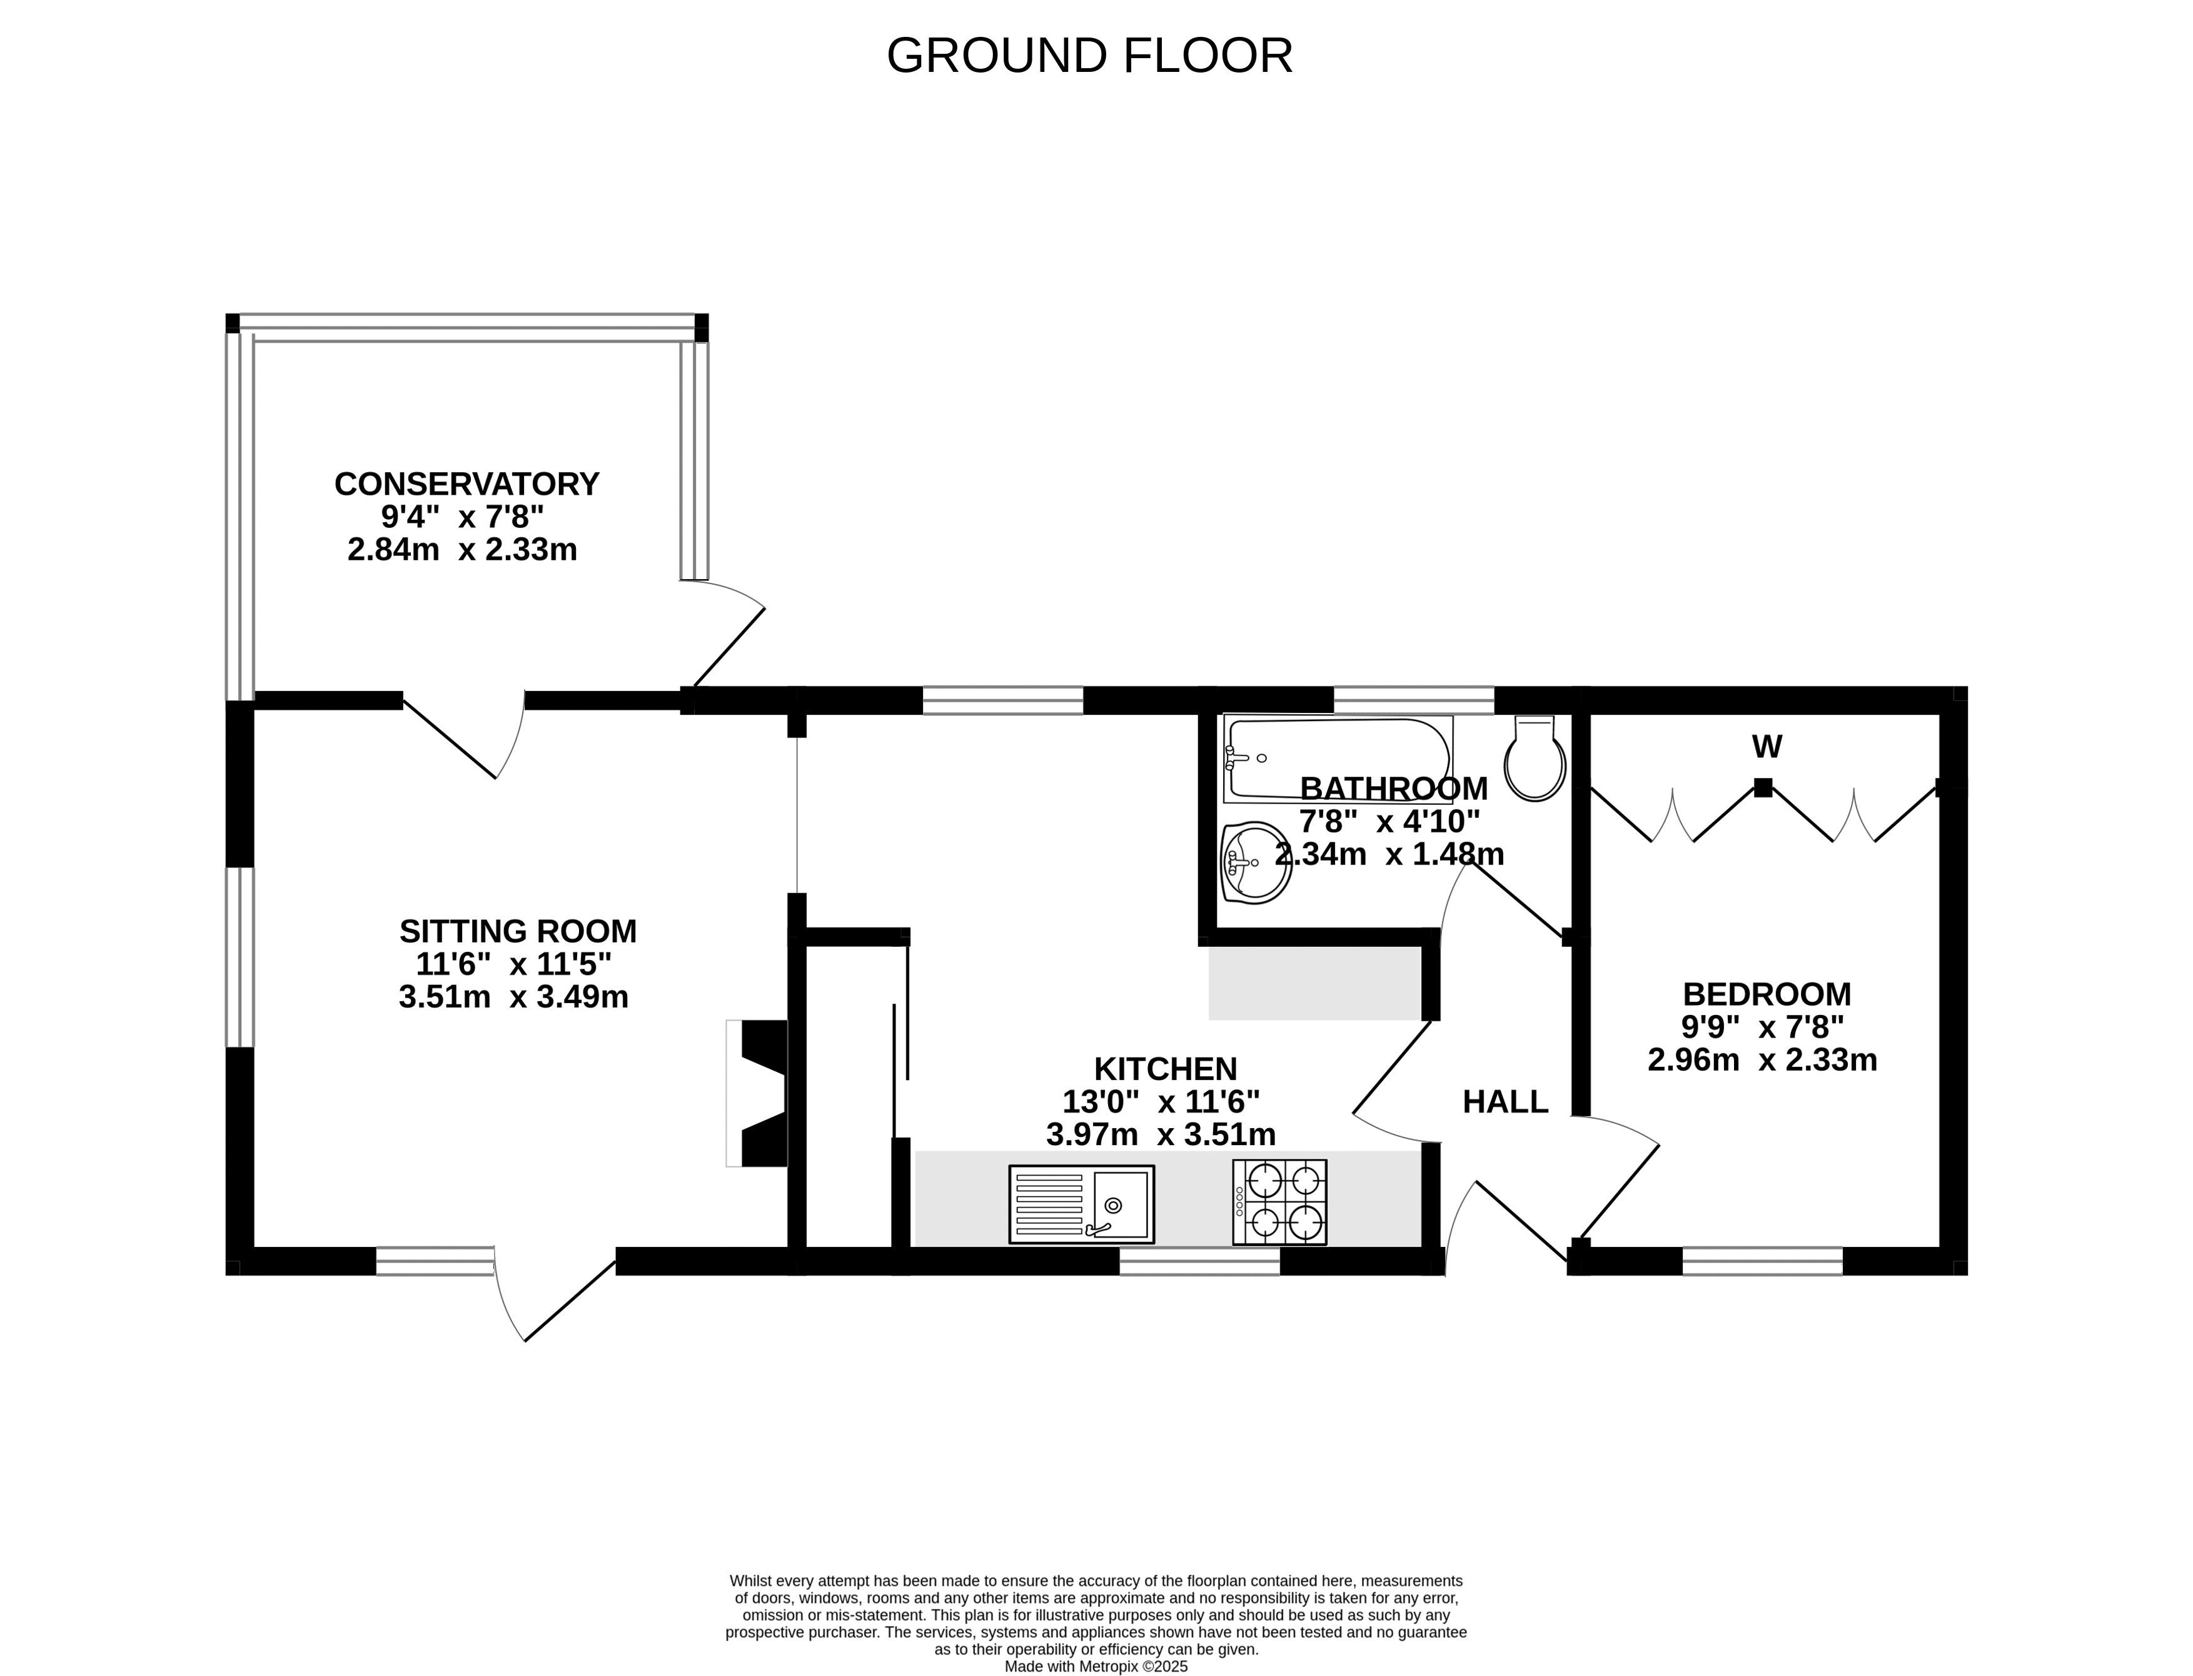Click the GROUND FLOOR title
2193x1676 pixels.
1089,56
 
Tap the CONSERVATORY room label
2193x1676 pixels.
466,484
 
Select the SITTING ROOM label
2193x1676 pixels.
518,931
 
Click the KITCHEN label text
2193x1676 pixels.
1165,1068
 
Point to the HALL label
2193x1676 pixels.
1505,1101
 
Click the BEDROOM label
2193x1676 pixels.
1766,994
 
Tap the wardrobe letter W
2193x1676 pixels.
1766,746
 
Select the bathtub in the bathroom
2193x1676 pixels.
1338,759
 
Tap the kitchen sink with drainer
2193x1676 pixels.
1081,1204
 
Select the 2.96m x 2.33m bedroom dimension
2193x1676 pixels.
1762,1059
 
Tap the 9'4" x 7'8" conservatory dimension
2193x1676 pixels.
463,517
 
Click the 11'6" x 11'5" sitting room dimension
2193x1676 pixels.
513,964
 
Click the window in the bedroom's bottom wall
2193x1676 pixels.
1762,1261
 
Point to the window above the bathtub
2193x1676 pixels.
1414,700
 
